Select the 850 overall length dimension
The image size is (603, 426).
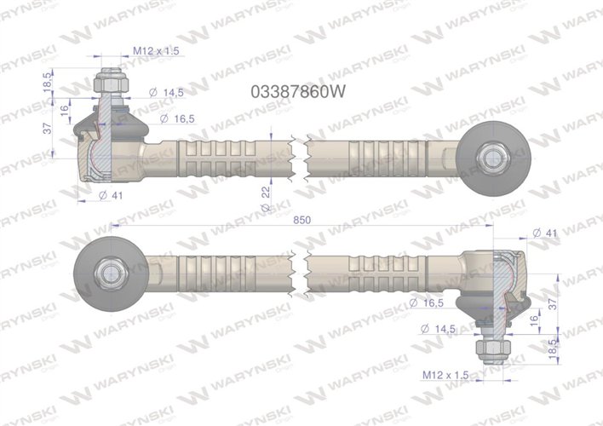click(301, 219)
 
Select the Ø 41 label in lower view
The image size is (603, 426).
click(545, 233)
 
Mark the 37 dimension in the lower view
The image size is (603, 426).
click(554, 302)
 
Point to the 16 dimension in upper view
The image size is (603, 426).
click(64, 109)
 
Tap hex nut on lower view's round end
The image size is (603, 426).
click(111, 273)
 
